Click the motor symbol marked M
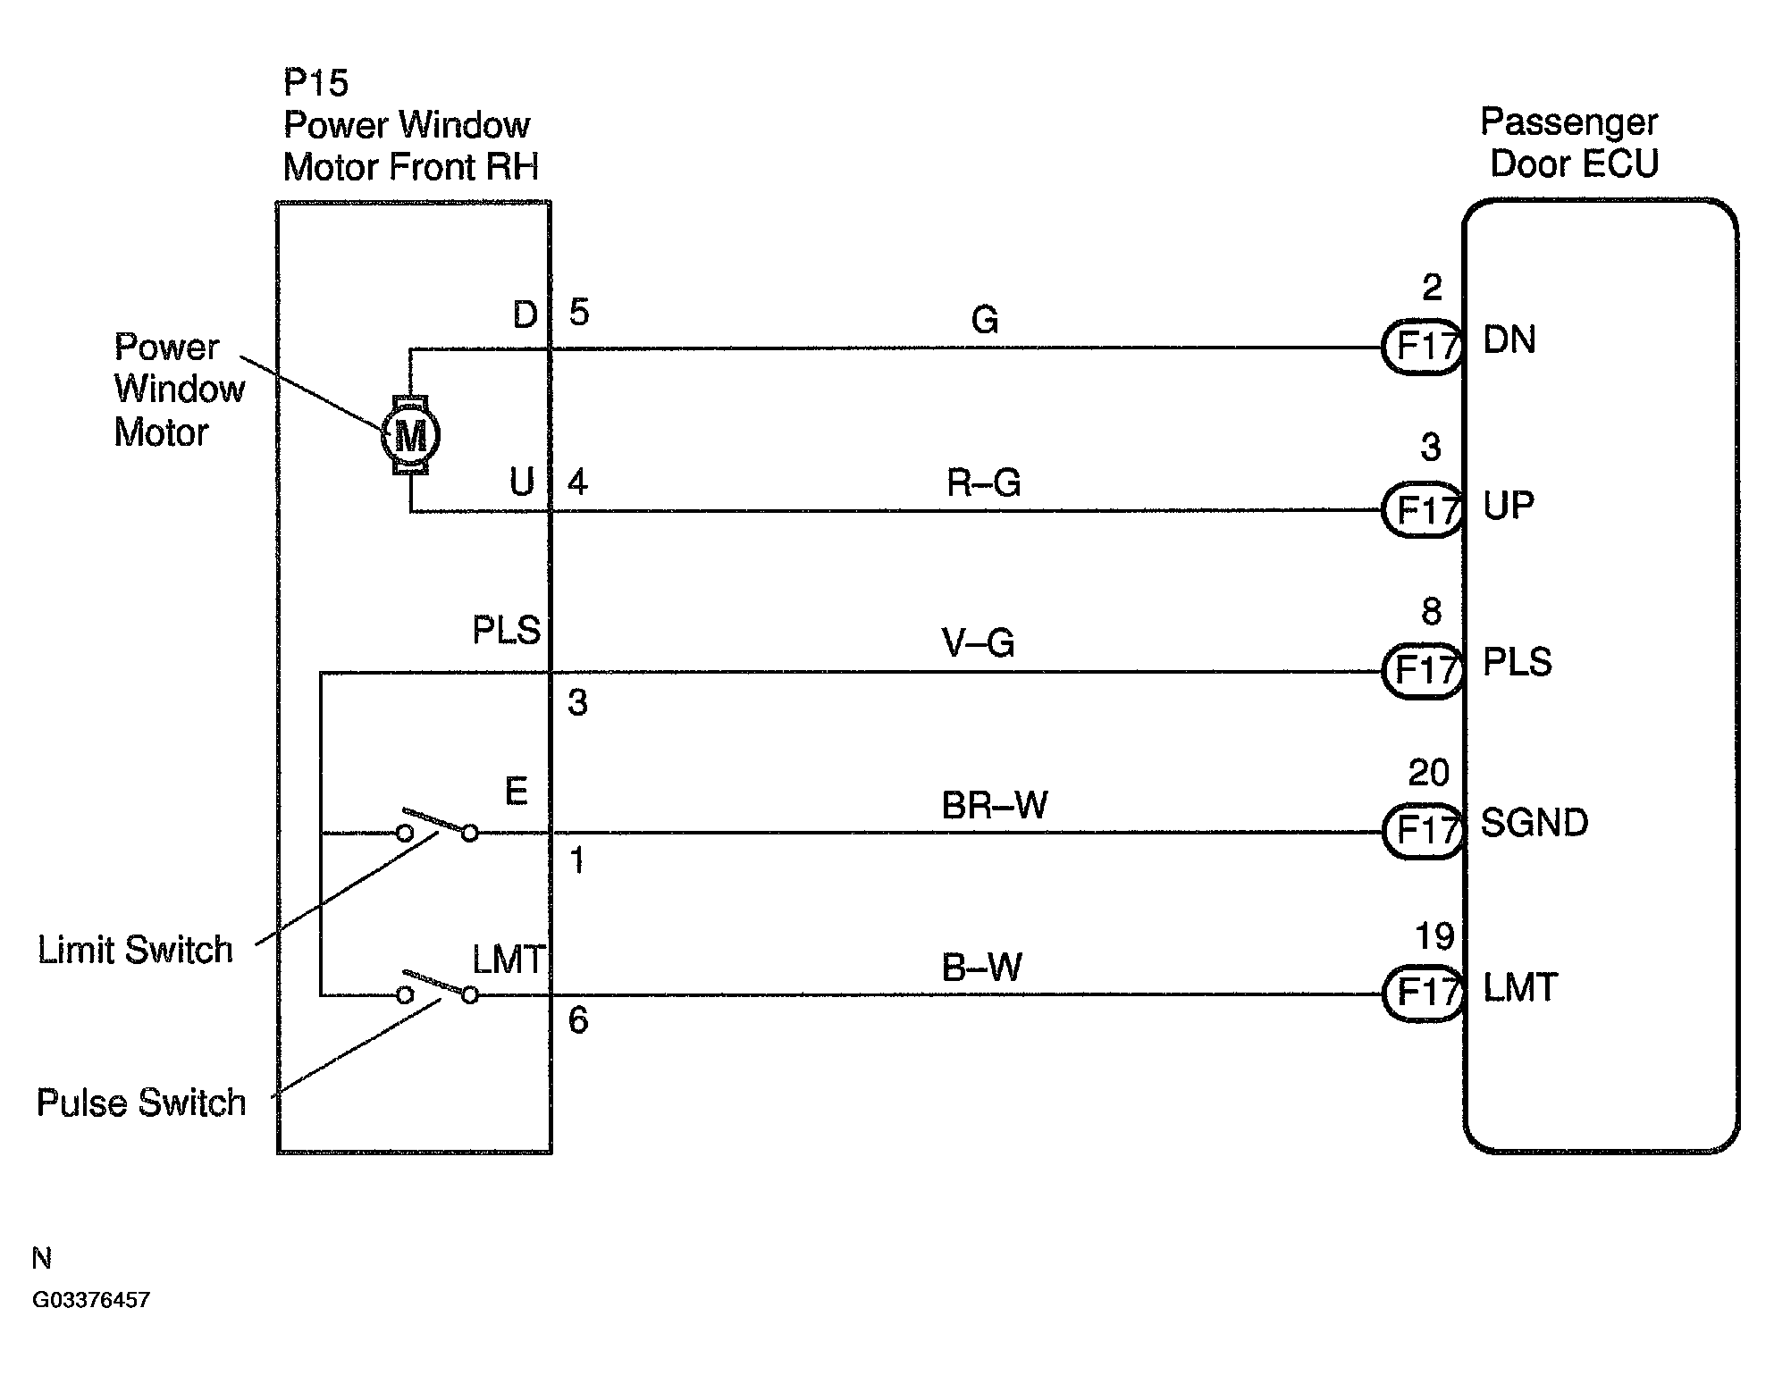[x=410, y=436]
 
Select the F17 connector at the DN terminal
[x=1423, y=347]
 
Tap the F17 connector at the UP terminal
[x=1423, y=510]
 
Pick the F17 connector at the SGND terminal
[x=1423, y=831]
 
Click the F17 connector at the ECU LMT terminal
[x=1423, y=994]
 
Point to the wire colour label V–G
[x=979, y=642]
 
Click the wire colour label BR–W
[x=995, y=805]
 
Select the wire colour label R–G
[x=984, y=483]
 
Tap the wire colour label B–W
[x=982, y=968]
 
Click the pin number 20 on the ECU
[x=1428, y=773]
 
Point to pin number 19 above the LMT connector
[x=1434, y=936]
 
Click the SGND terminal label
[x=1534, y=823]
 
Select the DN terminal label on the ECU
[x=1509, y=340]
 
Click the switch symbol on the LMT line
[x=437, y=987]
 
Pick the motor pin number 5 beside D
[x=579, y=313]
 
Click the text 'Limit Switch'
[x=135, y=950]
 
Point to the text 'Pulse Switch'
[x=141, y=1103]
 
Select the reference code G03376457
[x=91, y=1300]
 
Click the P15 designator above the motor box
[x=315, y=83]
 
